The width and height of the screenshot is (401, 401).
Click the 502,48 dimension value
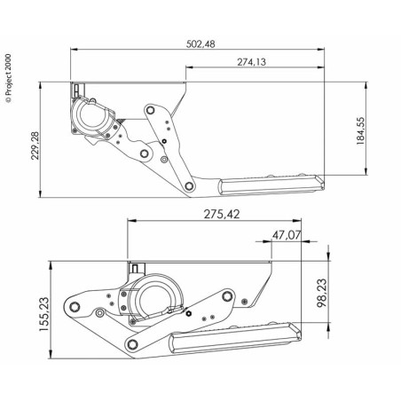200,44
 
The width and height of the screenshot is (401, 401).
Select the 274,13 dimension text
251,62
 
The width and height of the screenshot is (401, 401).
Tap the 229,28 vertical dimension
35,145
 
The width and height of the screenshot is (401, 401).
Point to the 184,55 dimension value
360,130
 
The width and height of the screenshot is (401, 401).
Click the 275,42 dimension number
222,214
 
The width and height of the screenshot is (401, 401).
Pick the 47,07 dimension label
287,235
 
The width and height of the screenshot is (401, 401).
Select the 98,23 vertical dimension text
322,293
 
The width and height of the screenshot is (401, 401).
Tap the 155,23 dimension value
44,314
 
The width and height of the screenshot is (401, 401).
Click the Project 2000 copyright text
8,78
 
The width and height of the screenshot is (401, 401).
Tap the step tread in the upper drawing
271,185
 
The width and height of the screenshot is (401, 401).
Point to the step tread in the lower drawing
235,337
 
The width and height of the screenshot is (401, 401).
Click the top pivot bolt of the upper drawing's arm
151,110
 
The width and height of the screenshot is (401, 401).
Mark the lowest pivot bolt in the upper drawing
189,186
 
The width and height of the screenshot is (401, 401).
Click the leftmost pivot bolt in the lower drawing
75,307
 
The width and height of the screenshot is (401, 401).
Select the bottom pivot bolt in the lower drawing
132,344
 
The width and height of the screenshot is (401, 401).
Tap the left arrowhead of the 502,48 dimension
74,50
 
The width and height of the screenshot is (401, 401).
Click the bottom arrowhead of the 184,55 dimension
366,171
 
